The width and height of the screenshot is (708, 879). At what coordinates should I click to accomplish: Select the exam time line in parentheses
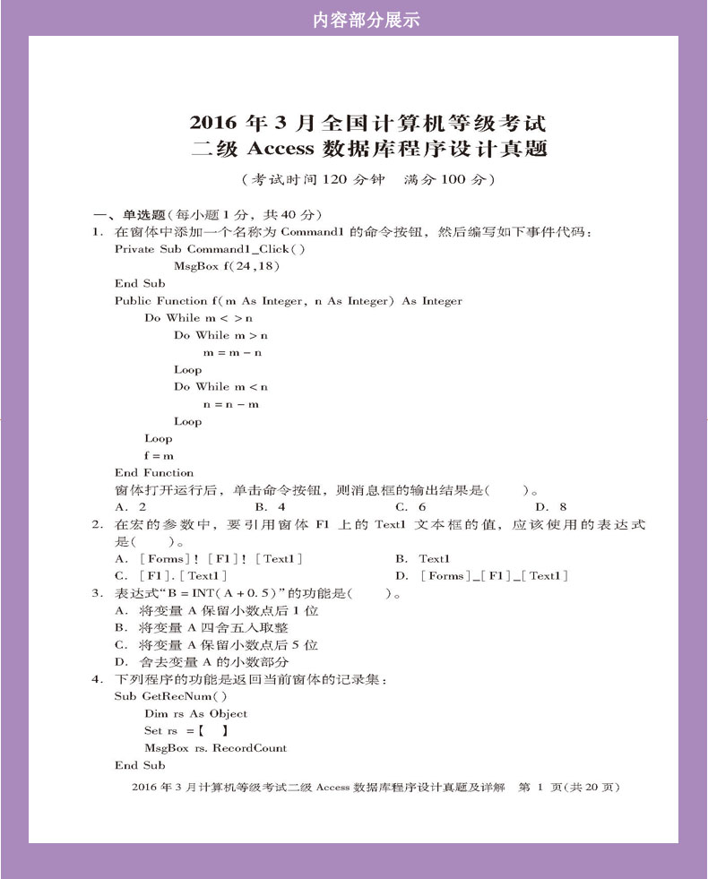tap(367, 180)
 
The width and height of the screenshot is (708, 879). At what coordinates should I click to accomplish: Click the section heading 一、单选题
tap(132, 215)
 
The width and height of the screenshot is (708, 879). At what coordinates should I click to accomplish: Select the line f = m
tap(159, 455)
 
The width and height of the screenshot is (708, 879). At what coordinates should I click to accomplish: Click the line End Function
tap(154, 472)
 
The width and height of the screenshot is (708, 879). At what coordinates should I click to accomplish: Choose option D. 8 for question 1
tap(550, 507)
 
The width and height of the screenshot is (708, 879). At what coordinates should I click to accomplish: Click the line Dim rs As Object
tap(195, 714)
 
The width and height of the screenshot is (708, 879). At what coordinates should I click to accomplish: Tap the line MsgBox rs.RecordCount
tap(215, 748)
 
